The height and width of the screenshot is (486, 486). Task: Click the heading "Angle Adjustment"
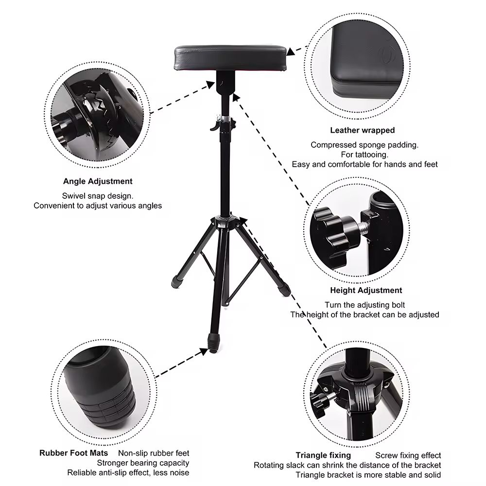tap(98, 181)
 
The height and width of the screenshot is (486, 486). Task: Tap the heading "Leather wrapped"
tap(363, 130)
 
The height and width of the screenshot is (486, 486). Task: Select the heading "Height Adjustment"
tap(366, 291)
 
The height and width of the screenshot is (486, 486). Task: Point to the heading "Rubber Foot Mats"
tap(73, 453)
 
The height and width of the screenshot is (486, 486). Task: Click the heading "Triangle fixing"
tap(323, 455)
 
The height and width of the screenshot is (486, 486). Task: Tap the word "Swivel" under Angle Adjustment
tap(72, 196)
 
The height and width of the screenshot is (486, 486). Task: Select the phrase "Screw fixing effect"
tap(408, 456)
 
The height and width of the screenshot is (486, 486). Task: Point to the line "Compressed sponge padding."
tap(364, 145)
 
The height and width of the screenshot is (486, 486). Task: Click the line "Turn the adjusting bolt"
tap(365, 305)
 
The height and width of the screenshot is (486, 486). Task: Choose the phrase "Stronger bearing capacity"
tap(143, 463)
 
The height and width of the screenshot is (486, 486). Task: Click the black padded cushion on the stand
tap(231, 58)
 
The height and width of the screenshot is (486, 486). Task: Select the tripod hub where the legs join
tap(225, 222)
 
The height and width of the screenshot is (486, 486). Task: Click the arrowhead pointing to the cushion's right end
tap(291, 52)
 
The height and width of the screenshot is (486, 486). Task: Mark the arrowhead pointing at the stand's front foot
tap(204, 351)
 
